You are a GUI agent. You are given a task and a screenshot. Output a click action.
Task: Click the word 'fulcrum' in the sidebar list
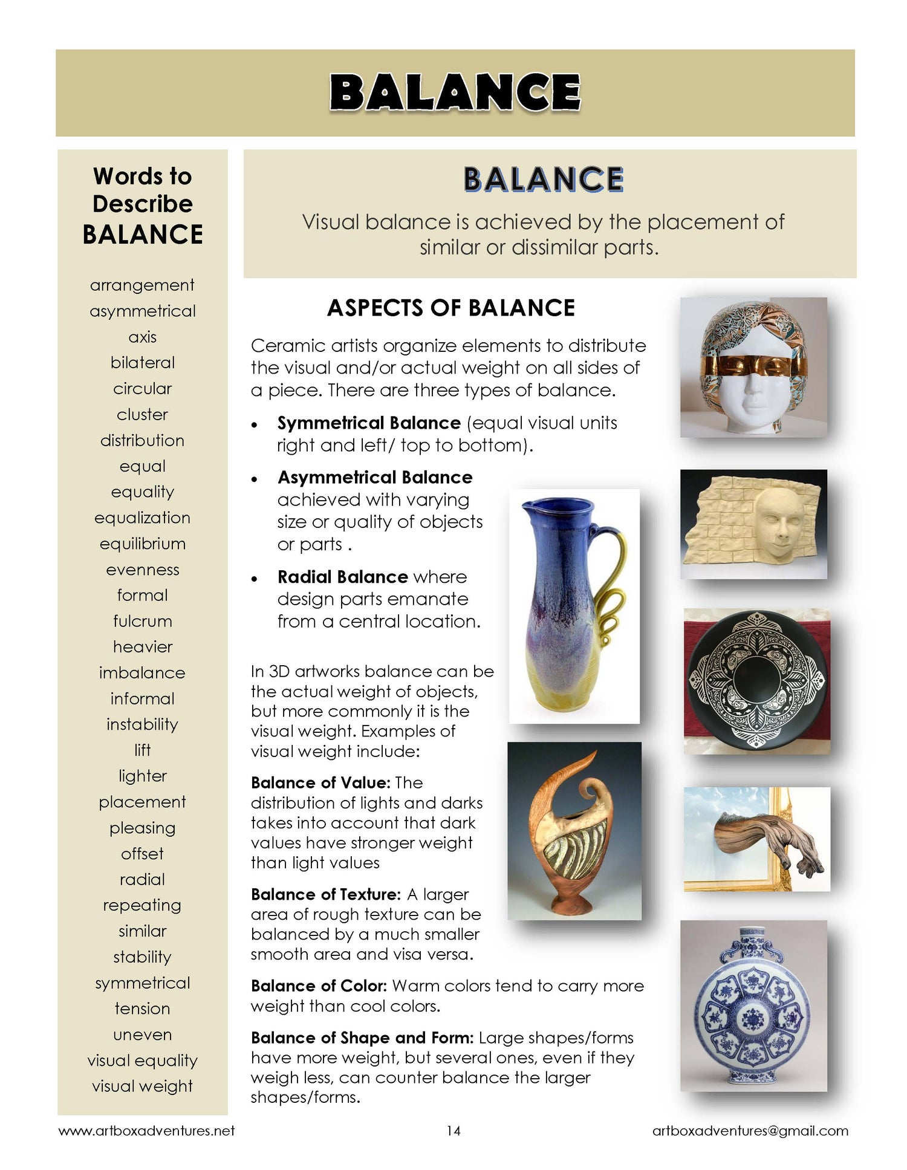point(143,621)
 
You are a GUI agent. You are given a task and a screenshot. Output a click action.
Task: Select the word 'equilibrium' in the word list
point(143,544)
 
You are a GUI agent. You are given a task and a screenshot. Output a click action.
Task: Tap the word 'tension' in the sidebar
point(143,1009)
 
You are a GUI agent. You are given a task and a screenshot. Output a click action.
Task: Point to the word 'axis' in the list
point(143,337)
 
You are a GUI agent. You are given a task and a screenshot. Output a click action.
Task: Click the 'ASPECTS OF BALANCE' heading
point(450,308)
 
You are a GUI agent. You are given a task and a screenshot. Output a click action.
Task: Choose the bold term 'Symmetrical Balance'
point(369,423)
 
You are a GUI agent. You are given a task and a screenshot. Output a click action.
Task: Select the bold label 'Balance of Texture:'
point(325,894)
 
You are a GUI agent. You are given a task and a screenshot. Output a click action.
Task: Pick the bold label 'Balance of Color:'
point(319,986)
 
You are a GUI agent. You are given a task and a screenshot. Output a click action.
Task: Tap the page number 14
point(453,1131)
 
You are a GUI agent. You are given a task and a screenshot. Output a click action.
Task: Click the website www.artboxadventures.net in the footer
point(146,1131)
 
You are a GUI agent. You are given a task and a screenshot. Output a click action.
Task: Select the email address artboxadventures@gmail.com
point(750,1131)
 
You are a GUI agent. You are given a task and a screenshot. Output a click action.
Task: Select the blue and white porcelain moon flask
point(753,1007)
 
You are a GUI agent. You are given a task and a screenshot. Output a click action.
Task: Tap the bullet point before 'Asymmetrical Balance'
point(255,479)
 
